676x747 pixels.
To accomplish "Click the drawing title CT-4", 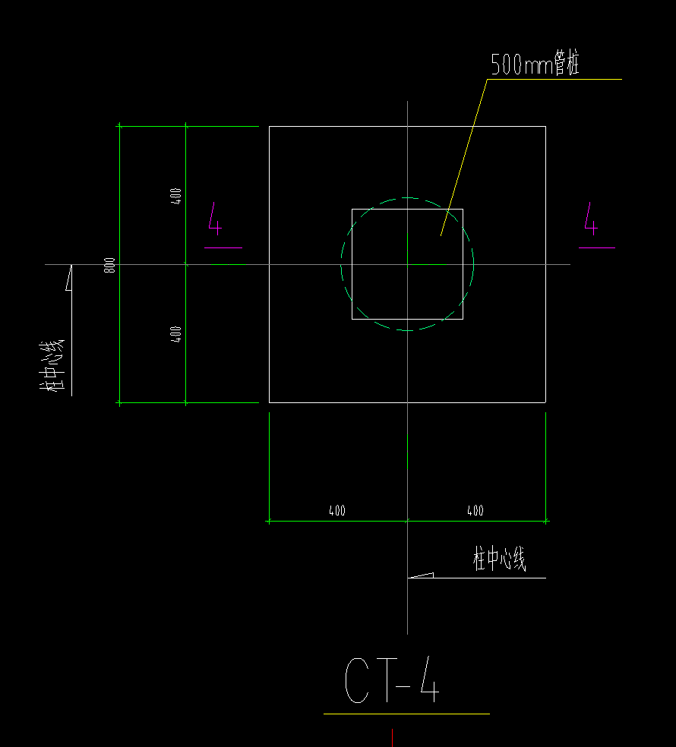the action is (x=392, y=680).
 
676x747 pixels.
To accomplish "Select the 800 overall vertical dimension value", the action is (x=109, y=265).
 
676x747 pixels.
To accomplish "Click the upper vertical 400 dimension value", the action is (x=176, y=197).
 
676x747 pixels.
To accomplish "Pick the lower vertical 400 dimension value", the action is (x=176, y=334).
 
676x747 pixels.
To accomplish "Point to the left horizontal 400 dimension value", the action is (x=337, y=511).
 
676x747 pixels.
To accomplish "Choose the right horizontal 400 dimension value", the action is (x=475, y=511).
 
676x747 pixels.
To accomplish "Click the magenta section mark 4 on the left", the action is (x=216, y=219).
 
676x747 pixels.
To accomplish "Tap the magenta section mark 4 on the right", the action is (x=591, y=219).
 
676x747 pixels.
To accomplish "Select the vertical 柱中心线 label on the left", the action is (x=52, y=366).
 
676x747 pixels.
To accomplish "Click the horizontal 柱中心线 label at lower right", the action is (x=500, y=559).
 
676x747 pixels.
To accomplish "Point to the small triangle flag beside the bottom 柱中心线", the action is (x=421, y=575).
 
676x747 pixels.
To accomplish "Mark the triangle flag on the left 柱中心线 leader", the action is (x=69, y=278).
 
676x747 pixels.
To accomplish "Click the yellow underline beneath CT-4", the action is (x=406, y=714).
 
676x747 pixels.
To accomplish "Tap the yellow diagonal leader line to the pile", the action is (x=464, y=157).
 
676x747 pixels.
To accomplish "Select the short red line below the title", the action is (x=393, y=737).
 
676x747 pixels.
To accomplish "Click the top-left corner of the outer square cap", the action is (x=270, y=126).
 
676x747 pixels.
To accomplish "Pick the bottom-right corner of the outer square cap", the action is (x=546, y=402).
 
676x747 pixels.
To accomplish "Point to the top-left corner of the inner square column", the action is (x=352, y=209).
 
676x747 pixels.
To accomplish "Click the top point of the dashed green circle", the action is (x=407, y=197).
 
